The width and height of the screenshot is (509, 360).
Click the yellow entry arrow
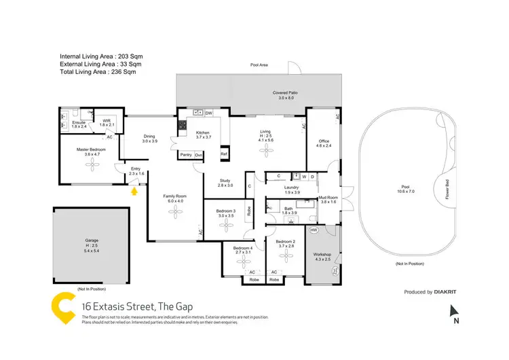[134, 192]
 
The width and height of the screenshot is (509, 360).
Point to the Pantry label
[185, 155]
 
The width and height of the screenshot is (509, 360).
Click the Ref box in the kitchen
[223, 155]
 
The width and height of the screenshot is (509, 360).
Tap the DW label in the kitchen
[209, 113]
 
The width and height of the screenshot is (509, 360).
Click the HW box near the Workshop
[313, 230]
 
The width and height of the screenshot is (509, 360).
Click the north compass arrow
[456, 312]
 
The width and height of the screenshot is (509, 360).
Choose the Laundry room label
[293, 187]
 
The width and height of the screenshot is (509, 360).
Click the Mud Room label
[328, 198]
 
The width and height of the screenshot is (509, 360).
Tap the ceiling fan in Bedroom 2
[287, 257]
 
